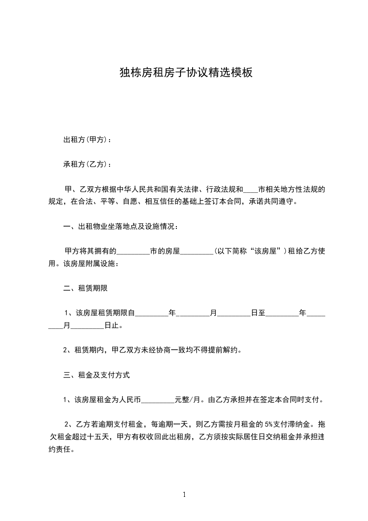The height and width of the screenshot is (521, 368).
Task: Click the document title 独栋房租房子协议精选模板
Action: [186, 73]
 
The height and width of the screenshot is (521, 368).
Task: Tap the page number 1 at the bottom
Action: [184, 495]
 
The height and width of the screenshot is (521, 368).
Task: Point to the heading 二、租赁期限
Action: [85, 288]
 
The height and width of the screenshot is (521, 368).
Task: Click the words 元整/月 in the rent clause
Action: [187, 399]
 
